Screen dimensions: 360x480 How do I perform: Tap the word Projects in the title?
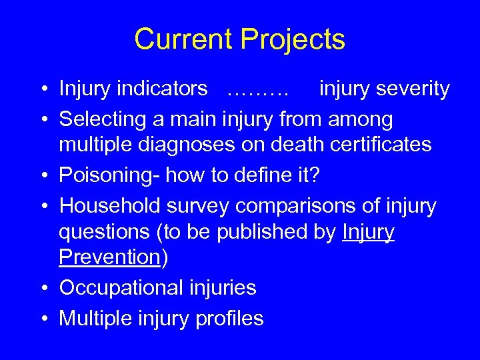[291, 39]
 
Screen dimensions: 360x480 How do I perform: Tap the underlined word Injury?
[368, 232]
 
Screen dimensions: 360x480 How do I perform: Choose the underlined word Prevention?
[110, 257]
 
